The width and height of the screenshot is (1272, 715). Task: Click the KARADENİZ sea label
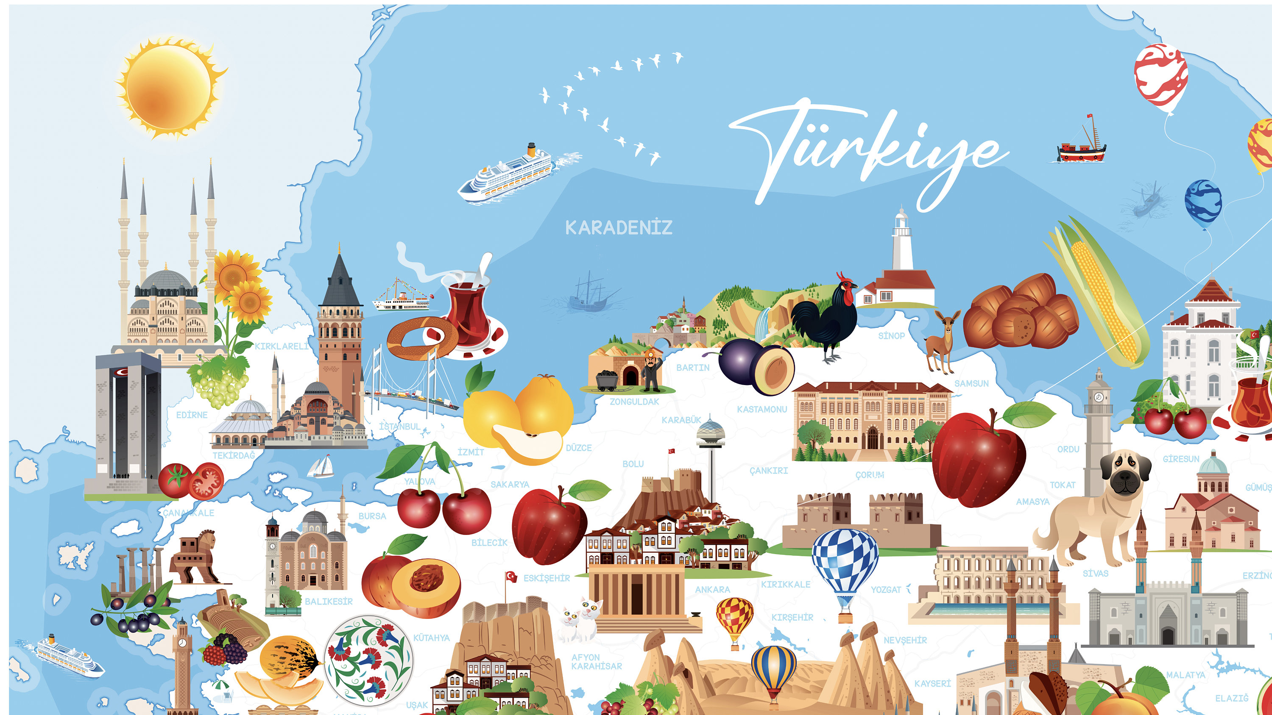click(618, 227)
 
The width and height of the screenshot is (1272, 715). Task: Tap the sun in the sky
click(169, 88)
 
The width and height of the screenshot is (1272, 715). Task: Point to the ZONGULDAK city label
click(634, 402)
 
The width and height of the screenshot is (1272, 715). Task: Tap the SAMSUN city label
click(971, 383)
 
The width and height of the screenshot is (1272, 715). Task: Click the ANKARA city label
click(712, 590)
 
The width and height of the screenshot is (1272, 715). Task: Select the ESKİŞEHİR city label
click(546, 578)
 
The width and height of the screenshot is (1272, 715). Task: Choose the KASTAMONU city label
click(762, 409)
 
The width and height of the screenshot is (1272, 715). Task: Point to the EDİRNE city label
click(192, 415)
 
